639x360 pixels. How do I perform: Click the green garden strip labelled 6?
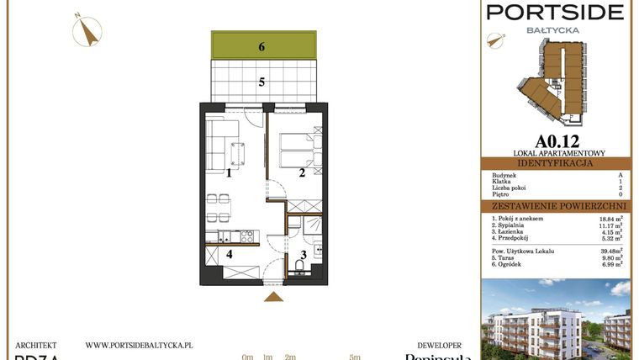coord(263,45)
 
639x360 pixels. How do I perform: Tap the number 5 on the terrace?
coord(261,82)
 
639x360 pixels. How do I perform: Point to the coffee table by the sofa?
coord(237,153)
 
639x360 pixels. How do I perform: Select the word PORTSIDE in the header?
coord(556,12)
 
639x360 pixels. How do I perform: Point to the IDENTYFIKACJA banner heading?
coord(556,162)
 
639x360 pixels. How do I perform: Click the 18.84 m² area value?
coord(611,218)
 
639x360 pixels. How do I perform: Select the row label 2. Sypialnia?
coord(512,225)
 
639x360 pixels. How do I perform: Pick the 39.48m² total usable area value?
coord(611,250)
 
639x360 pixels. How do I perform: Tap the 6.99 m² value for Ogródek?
coord(611,265)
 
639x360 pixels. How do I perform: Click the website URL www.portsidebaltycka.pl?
coord(140,345)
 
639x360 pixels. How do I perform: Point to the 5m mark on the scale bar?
coord(355,357)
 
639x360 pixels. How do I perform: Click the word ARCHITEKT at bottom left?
coord(35,345)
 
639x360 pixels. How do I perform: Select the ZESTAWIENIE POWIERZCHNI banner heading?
coord(556,205)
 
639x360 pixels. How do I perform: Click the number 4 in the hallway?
coord(228,253)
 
